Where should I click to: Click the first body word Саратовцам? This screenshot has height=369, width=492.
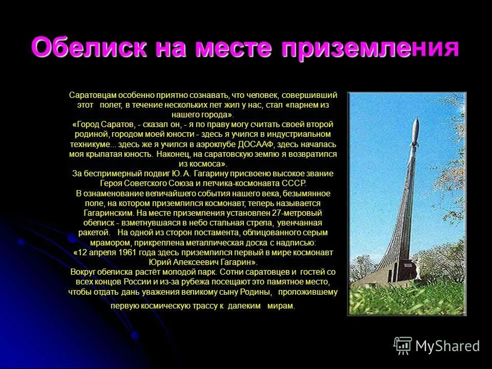[93, 95]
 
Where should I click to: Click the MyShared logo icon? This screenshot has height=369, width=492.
[402, 346]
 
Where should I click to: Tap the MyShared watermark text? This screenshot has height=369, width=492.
[447, 346]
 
